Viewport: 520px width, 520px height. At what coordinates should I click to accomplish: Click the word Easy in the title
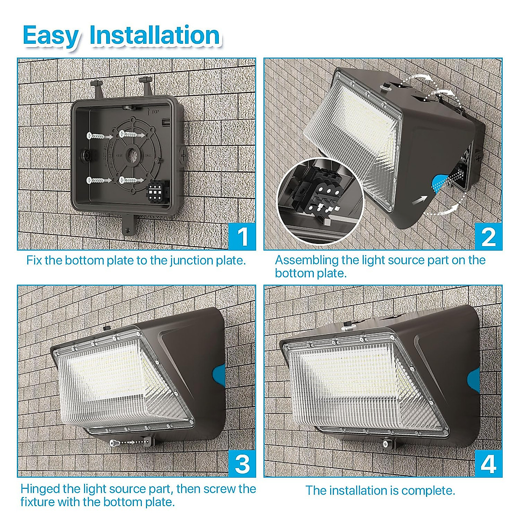(x=51, y=36)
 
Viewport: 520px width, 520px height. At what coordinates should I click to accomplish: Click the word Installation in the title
(x=155, y=36)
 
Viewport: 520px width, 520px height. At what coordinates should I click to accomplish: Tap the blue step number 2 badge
(x=488, y=237)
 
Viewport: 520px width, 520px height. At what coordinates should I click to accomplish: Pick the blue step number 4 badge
(x=488, y=464)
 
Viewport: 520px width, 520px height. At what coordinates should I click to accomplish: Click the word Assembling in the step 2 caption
(x=306, y=260)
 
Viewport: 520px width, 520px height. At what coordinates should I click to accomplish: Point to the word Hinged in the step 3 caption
(x=40, y=489)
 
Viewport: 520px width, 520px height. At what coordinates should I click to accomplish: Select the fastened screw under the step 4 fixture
(x=385, y=444)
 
